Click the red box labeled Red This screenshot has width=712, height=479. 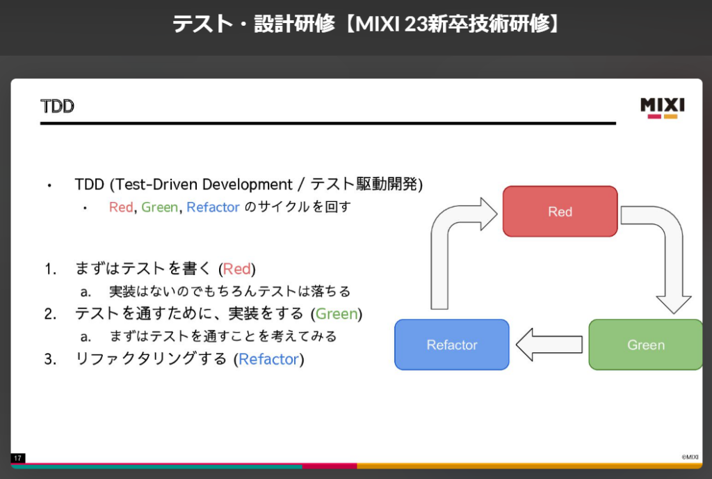[560, 212]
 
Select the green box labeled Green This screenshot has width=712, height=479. [645, 345]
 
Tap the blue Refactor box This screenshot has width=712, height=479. [452, 345]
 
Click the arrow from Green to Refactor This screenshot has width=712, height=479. [549, 345]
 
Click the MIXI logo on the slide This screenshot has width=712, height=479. [662, 107]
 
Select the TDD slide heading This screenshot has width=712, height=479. [57, 107]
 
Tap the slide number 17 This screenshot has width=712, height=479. [17, 457]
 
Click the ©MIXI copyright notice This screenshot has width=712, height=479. [690, 457]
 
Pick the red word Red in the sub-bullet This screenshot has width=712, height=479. [120, 207]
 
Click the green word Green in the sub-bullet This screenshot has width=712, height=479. [159, 207]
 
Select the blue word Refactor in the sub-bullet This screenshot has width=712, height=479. [213, 207]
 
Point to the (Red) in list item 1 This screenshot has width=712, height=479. [237, 269]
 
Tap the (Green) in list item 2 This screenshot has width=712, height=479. [337, 314]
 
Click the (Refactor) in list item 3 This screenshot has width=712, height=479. [268, 359]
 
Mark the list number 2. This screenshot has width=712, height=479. [49, 314]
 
